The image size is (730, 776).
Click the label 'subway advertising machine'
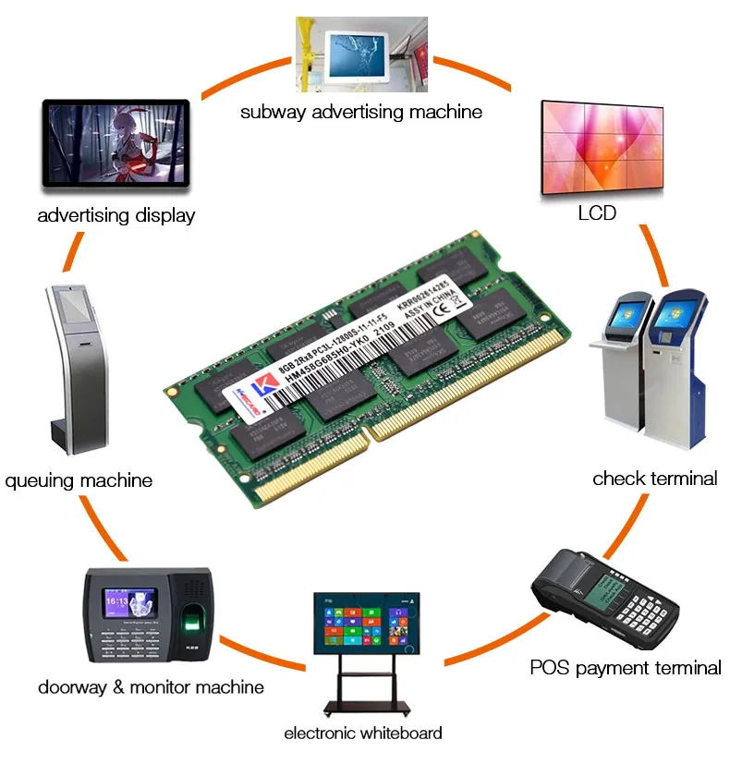[361, 112]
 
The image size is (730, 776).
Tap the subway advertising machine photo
[361, 54]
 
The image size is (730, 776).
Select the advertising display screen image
[116, 145]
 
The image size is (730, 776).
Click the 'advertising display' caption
[116, 216]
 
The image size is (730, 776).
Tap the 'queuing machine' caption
[79, 480]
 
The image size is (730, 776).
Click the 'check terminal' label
[654, 479]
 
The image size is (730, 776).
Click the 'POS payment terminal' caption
[626, 667]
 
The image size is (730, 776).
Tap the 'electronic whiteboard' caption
[363, 734]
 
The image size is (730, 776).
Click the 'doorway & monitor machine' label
[151, 687]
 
